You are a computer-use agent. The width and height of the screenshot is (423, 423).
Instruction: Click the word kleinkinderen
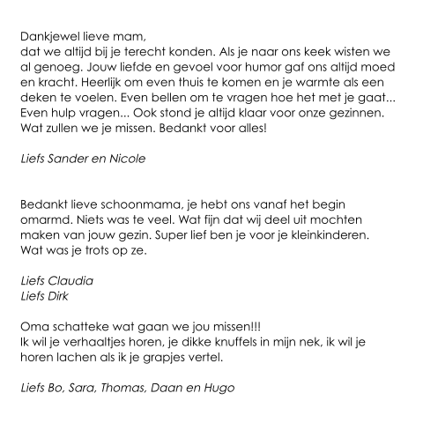point(338,238)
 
